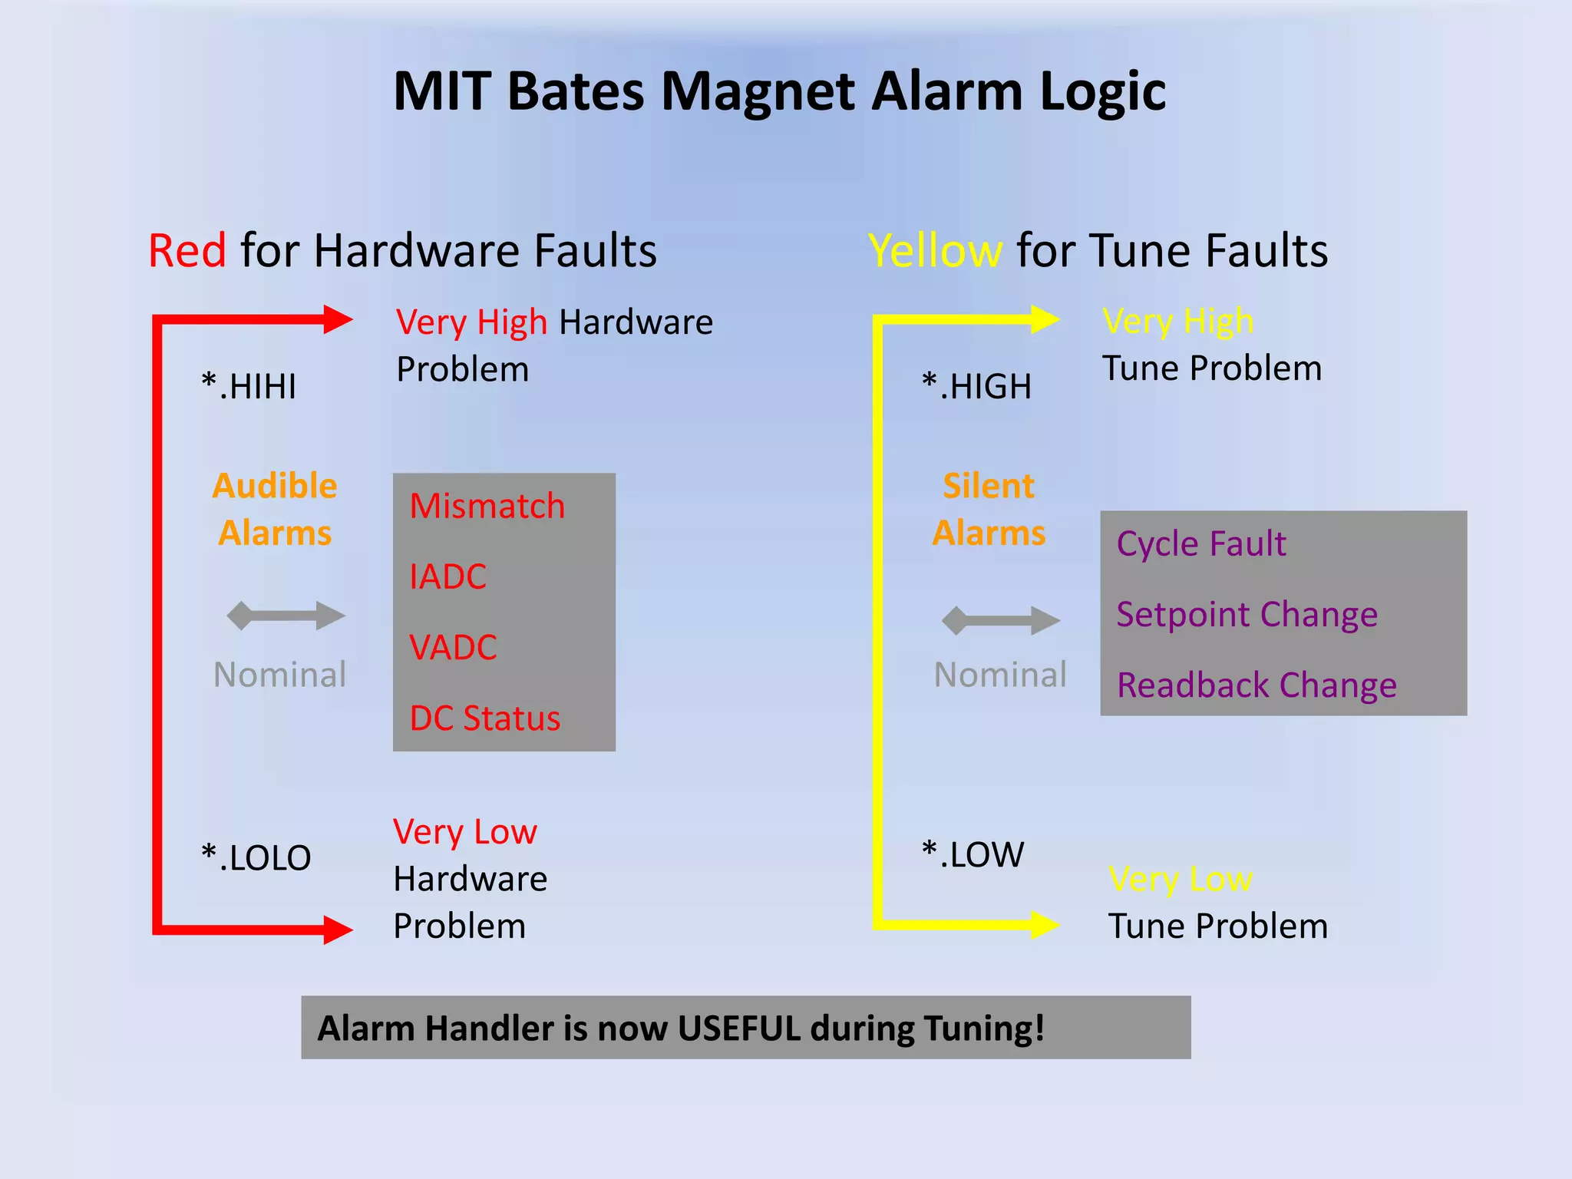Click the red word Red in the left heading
tap(187, 251)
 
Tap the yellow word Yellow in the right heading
tap(935, 251)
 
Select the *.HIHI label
tap(249, 386)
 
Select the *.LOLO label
tap(256, 857)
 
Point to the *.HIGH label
tap(976, 386)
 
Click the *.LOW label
tap(973, 854)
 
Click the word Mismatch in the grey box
tap(487, 507)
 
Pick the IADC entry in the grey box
tap(448, 577)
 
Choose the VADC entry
tap(453, 648)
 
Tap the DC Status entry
tap(484, 718)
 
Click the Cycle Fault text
tap(1200, 544)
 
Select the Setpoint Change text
tap(1247, 615)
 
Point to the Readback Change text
tap(1257, 685)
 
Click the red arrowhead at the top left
tap(336, 319)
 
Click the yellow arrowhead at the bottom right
tap(1044, 924)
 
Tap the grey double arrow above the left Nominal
tap(286, 616)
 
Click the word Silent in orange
tap(989, 487)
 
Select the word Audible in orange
tap(275, 487)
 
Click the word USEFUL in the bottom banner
tap(738, 1029)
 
